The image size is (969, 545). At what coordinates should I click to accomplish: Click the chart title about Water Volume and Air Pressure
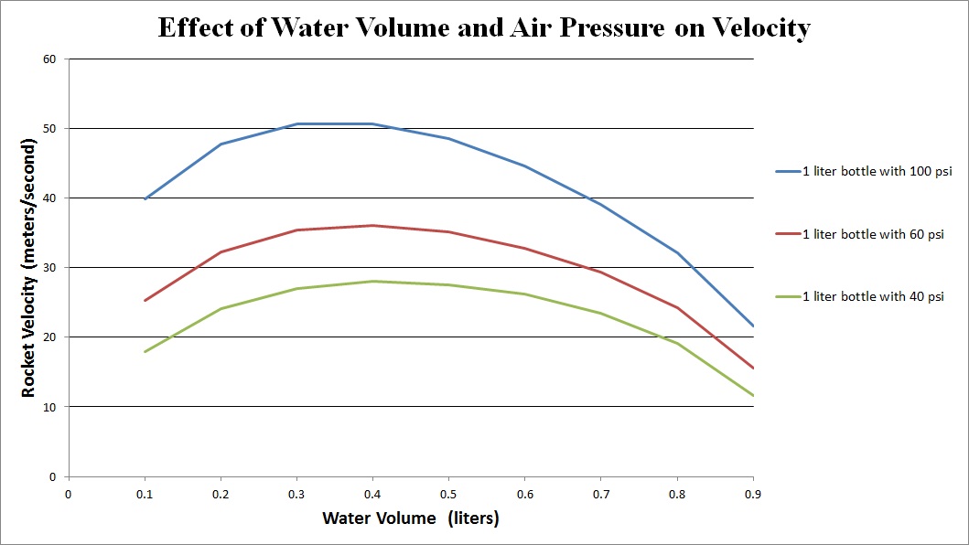[484, 27]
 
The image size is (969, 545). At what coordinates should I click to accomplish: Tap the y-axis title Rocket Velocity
[28, 268]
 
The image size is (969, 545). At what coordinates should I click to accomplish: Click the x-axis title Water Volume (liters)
[411, 518]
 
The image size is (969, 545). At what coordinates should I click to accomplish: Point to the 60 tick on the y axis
[49, 59]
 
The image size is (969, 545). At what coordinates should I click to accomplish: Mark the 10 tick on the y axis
[49, 407]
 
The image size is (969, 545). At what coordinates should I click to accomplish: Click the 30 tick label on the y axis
[49, 268]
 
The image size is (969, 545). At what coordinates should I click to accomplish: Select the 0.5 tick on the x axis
[448, 494]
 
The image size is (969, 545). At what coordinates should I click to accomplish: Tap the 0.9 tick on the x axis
[752, 494]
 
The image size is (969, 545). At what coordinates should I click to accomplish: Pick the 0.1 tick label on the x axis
[145, 494]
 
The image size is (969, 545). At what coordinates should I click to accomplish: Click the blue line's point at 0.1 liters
[145, 198]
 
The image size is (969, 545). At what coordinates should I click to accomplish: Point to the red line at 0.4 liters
[372, 225]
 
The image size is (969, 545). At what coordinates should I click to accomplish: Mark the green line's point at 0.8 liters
[676, 343]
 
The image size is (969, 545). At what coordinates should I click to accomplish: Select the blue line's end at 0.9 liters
[752, 326]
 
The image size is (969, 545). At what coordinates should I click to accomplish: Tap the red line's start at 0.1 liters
[145, 300]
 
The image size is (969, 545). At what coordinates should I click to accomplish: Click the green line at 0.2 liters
[221, 308]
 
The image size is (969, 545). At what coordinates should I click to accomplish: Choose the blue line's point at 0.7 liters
[600, 204]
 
